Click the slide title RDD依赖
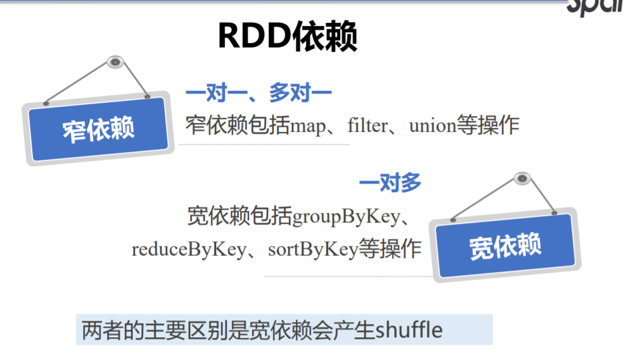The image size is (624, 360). pos(287,37)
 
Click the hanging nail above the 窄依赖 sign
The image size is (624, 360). pos(115,62)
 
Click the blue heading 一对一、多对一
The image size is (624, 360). pos(258,94)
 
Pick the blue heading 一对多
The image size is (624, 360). pos(390,184)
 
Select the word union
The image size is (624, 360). pos(433,125)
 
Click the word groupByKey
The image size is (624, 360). pos(345,217)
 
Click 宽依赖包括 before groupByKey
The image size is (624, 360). pos(239,217)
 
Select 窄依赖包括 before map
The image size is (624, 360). pos(238,125)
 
